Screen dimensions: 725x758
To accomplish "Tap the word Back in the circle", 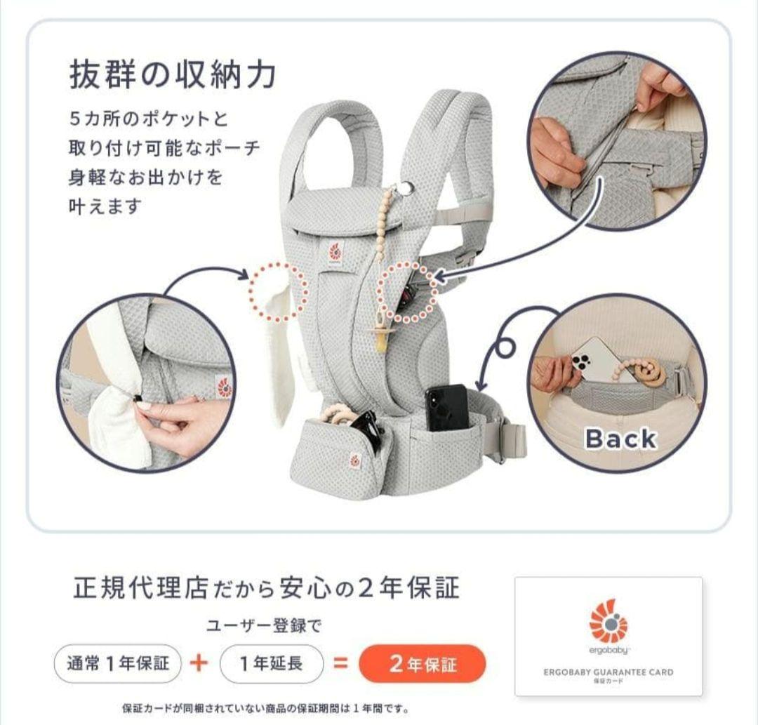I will coord(620,439).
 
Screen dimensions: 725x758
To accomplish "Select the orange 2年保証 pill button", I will coord(422,664).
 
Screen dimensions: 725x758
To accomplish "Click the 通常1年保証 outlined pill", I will coord(118,664).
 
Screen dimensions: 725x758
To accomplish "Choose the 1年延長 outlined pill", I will coord(272,664).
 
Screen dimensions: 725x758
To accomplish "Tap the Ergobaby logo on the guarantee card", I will coord(608,622).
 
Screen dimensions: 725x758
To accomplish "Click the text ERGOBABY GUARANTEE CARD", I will coord(608,672).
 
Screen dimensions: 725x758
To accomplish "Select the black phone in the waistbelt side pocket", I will coord(446,408).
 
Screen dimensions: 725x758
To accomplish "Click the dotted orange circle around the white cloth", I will coord(279,291).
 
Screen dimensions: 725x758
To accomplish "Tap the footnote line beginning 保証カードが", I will coord(265,708).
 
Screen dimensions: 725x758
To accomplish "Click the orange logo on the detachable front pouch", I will coord(355,461).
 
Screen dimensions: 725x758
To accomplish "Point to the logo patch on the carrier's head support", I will coord(335,252).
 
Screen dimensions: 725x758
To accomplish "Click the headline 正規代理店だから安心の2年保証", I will coord(266,588).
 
